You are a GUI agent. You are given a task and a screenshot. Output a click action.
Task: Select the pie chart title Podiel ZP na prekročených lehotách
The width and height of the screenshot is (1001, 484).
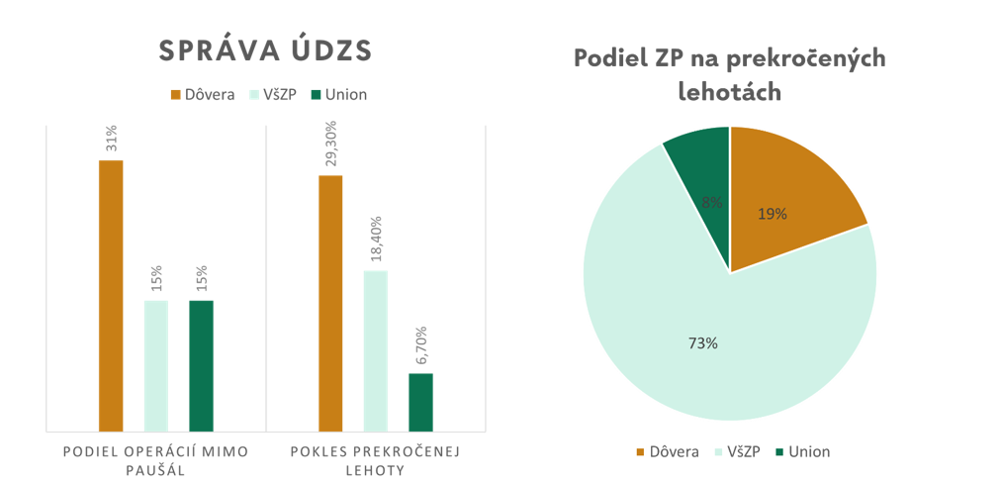(730, 75)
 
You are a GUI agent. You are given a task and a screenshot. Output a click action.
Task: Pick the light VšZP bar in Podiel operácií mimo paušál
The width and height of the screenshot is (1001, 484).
(156, 365)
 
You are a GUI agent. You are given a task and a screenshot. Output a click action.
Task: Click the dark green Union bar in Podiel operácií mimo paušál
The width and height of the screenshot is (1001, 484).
(201, 365)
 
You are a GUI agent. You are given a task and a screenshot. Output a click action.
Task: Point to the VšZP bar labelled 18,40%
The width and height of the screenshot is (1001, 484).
(376, 350)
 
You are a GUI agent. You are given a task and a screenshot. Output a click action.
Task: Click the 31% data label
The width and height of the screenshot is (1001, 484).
(111, 138)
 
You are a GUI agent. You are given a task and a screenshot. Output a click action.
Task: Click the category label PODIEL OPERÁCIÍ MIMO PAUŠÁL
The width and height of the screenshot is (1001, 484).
(155, 460)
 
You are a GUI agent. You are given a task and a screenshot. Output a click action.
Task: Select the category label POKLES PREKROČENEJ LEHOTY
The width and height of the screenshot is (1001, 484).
(376, 460)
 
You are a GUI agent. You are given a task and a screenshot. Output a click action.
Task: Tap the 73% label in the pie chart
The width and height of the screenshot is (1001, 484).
(702, 343)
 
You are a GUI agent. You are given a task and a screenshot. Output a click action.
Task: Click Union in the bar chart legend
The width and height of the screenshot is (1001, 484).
(338, 95)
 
